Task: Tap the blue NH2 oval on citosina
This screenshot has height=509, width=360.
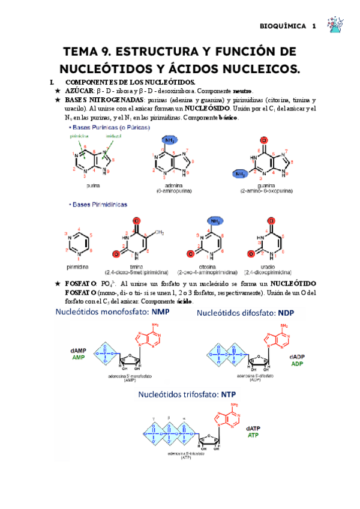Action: click(x=214, y=220)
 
